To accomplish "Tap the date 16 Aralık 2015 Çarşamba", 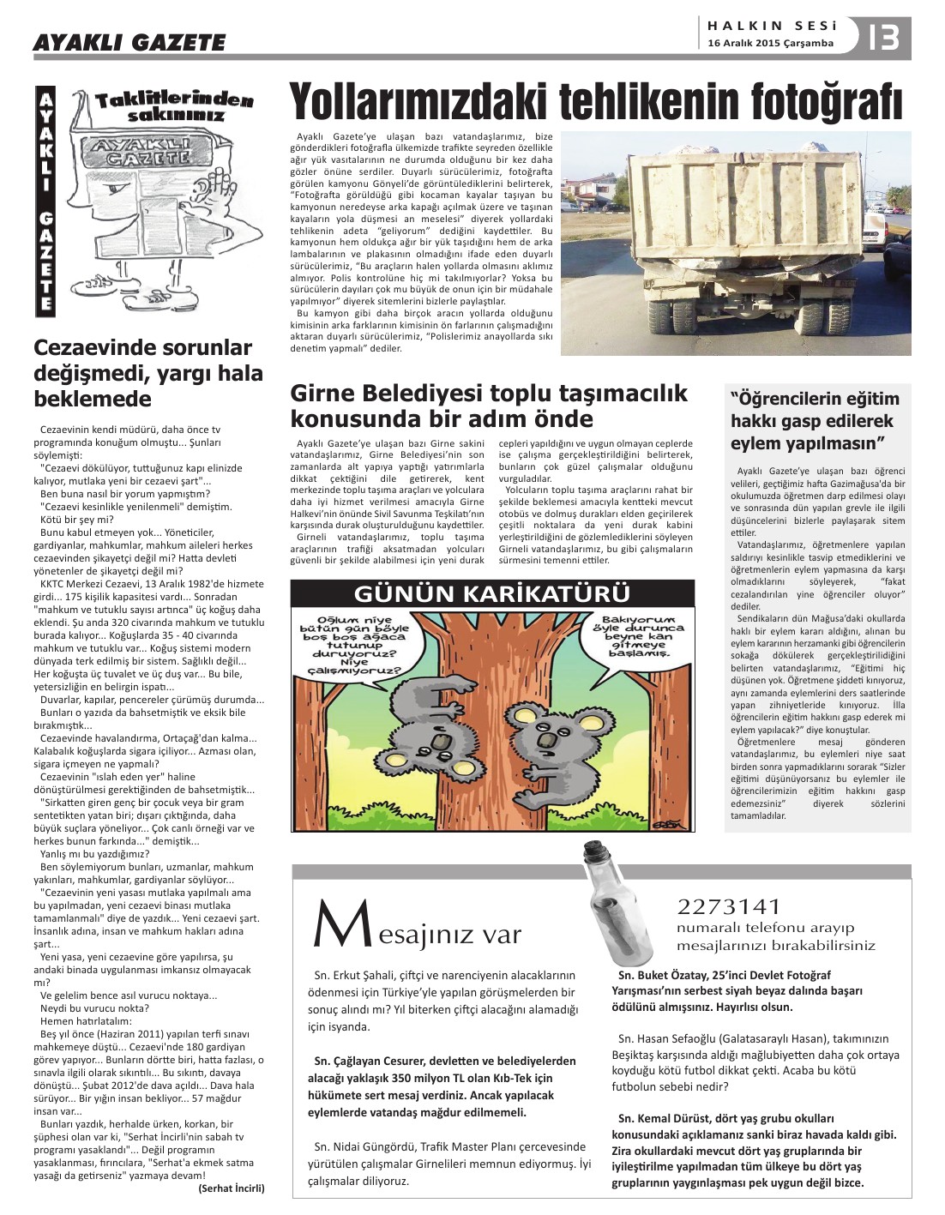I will coord(770,43).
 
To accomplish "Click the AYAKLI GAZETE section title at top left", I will coord(129,42).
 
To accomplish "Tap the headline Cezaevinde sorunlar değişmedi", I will coord(148,373).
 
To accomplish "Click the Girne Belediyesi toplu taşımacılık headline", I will coord(489,406).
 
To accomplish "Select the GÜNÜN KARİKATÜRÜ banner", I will coord(491,592).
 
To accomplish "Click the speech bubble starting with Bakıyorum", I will coord(642,636).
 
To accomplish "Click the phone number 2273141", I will coord(729,906).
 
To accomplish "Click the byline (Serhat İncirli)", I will coord(232,1188).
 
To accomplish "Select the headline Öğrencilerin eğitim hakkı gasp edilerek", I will coord(815,421).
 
